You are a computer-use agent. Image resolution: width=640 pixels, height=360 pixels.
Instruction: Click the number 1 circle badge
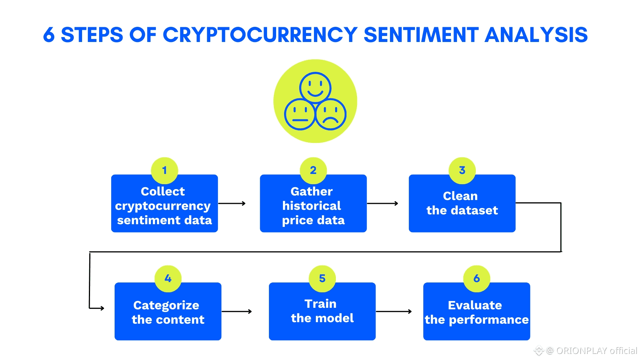click(x=165, y=171)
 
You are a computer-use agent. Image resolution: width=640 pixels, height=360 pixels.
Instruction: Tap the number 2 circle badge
click(x=313, y=171)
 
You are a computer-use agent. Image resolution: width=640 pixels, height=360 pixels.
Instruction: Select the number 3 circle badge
click(x=462, y=171)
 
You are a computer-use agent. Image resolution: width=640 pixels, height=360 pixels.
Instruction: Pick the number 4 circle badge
click(x=168, y=279)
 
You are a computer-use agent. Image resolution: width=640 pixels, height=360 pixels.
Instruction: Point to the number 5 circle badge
click(x=322, y=279)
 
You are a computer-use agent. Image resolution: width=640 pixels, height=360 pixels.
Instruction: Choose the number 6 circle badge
click(x=477, y=279)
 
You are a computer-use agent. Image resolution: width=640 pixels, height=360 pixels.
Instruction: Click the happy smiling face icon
click(x=315, y=87)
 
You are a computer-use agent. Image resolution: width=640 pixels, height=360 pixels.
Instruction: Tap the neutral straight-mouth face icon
click(x=300, y=114)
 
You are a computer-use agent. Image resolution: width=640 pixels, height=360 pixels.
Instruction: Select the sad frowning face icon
click(x=331, y=114)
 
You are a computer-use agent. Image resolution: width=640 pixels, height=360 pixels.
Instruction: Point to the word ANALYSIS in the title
click(x=536, y=35)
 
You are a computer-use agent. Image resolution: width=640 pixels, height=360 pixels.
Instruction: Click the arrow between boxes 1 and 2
click(x=232, y=203)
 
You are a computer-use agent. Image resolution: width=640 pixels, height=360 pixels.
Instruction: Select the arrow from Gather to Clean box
click(x=382, y=203)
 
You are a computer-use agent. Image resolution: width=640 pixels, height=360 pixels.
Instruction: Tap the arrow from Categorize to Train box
click(x=236, y=312)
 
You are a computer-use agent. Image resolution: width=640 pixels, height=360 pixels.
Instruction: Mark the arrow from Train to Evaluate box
click(x=394, y=312)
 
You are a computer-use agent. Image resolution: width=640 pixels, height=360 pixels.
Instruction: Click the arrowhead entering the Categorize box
click(x=102, y=308)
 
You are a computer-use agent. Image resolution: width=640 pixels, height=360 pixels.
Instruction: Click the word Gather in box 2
click(x=311, y=191)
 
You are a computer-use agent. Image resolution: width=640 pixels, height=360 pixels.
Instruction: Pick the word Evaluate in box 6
click(x=475, y=305)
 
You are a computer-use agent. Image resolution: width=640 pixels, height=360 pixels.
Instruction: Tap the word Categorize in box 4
click(x=166, y=306)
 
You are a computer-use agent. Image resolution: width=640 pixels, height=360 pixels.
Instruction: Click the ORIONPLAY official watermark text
click(x=597, y=350)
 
